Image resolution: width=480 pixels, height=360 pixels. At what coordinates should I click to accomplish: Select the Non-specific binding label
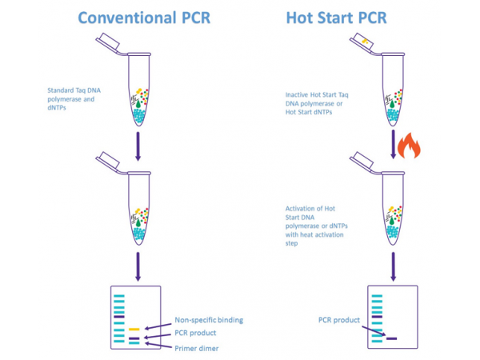click(x=209, y=320)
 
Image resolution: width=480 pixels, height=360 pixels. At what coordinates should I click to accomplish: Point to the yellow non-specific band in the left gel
click(x=135, y=329)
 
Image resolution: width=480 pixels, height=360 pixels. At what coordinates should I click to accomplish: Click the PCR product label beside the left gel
click(x=196, y=333)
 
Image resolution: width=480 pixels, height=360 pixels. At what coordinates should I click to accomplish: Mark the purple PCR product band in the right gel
click(x=391, y=338)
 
